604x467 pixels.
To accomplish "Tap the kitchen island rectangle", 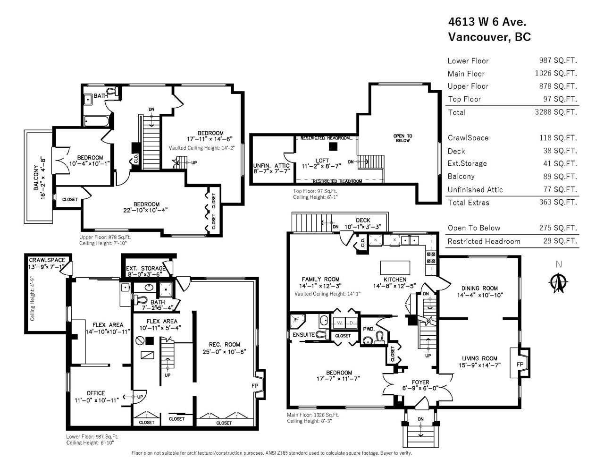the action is pos(395,268).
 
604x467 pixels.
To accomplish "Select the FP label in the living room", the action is pos(520,365).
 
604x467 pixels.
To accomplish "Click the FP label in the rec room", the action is pos(255,386).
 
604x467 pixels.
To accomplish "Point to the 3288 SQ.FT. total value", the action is pos(556,112).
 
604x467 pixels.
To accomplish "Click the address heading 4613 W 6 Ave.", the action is pos(487,22).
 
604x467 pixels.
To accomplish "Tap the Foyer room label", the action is pos(420,382).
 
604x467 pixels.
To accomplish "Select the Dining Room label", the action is pos(479,288).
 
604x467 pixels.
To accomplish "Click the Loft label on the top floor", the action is pos(322,161).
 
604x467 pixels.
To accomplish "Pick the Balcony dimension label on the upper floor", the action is pos(40,178).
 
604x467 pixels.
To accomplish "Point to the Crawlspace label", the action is pos(47,260).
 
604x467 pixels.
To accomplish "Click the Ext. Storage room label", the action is pos(146,268).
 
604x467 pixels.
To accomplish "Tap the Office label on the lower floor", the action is pos(96,393).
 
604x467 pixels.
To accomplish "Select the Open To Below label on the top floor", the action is pos(403,138).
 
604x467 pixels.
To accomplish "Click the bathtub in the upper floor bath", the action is pos(96,121).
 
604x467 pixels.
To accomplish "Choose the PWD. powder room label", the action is pos(369,329).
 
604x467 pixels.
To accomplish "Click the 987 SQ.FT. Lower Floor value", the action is pos(558,60).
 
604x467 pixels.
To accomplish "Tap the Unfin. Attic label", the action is pos(271,166).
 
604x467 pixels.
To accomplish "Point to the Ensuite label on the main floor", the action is pos(303,335).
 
